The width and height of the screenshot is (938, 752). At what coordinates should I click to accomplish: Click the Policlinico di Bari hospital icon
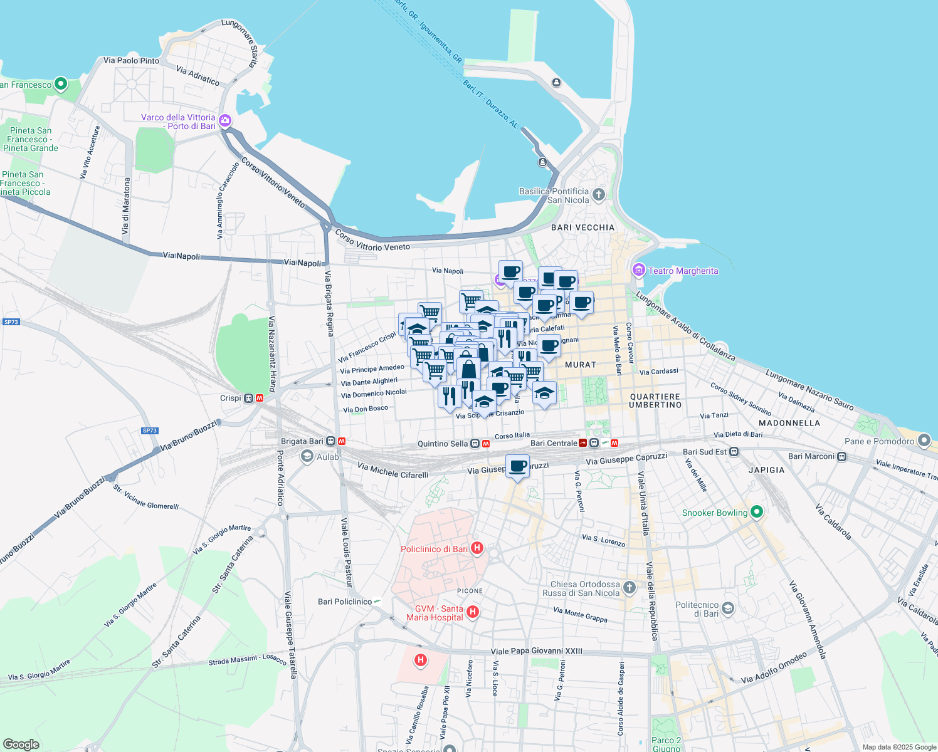(x=477, y=549)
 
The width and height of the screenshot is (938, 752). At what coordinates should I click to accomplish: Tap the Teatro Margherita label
(x=683, y=271)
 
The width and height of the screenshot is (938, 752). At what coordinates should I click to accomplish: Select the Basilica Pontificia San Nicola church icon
(x=599, y=194)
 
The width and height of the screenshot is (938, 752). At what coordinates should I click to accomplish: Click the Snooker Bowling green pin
(x=757, y=513)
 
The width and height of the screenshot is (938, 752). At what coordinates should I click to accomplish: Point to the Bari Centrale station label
(x=554, y=443)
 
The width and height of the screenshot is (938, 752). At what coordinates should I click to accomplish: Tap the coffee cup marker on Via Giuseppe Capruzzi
(x=517, y=466)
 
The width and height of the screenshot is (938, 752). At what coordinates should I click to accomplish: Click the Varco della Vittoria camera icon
(x=225, y=120)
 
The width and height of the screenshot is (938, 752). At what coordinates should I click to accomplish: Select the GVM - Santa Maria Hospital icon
(x=473, y=612)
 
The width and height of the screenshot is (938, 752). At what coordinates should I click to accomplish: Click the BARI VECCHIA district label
(x=582, y=227)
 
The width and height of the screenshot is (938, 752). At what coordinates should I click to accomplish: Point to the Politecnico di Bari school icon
(x=727, y=608)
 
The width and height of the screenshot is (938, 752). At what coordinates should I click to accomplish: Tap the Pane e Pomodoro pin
(x=924, y=441)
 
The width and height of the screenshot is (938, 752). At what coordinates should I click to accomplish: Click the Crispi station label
(x=231, y=398)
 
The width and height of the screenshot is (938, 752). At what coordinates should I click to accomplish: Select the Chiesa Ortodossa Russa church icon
(x=630, y=587)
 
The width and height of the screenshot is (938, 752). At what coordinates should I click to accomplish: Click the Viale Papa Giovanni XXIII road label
(x=536, y=651)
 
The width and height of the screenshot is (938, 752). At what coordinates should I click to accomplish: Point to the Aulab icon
(x=307, y=456)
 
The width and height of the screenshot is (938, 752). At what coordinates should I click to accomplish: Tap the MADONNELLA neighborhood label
(x=789, y=423)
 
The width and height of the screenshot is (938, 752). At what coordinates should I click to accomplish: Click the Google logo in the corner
(x=21, y=744)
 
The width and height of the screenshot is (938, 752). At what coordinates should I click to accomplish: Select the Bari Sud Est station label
(x=705, y=452)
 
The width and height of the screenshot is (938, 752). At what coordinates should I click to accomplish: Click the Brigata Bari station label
(x=302, y=441)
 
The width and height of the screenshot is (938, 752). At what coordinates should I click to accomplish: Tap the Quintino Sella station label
(x=443, y=444)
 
